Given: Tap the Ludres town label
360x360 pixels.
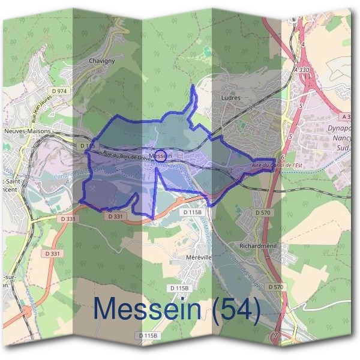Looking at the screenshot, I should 230,97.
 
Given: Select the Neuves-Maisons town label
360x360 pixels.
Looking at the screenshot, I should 27,131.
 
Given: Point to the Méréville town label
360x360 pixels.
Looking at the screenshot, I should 196,257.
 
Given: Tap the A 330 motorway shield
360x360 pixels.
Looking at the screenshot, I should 302,70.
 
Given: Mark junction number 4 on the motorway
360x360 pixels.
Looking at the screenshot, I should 304,44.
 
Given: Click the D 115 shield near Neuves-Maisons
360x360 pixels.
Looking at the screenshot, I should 87,146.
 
